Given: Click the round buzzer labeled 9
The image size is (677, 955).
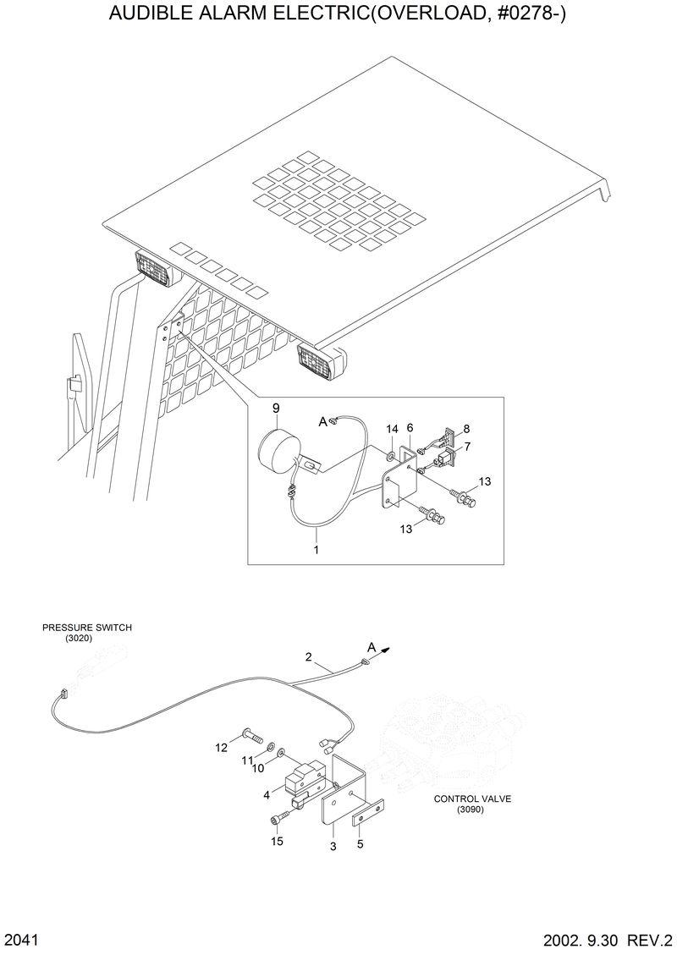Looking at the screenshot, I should pos(278,447).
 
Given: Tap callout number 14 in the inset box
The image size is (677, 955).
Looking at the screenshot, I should pos(391,431).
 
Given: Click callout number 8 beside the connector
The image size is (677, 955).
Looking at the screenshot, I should pos(465,429).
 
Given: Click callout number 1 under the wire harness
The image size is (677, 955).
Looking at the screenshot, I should pos(316,551).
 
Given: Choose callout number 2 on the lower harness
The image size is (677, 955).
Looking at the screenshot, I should pos(309,657).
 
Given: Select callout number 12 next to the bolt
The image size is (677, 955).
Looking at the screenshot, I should pos(221,747).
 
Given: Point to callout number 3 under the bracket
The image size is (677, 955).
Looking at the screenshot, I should pos(333,845).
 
